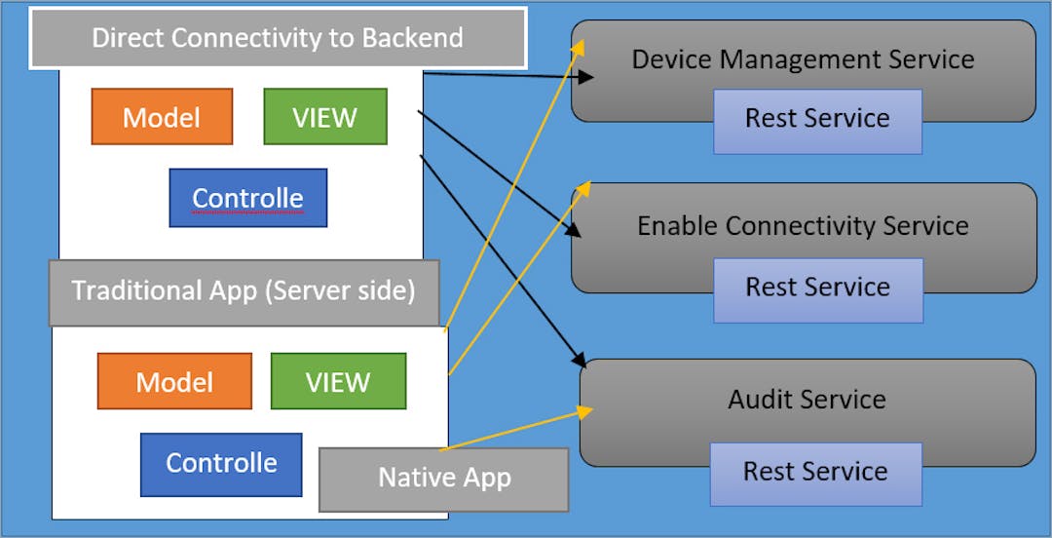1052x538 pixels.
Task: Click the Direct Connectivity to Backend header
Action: (278, 39)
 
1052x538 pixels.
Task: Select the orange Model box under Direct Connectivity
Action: (162, 117)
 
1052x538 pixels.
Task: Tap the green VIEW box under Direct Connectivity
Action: (325, 117)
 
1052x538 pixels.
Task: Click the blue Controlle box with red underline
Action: (247, 198)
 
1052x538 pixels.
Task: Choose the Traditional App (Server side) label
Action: (244, 290)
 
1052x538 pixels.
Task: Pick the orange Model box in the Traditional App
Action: (174, 381)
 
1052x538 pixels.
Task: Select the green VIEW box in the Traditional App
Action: (338, 381)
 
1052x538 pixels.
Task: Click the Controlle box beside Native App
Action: (221, 462)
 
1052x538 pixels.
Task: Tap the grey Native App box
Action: (443, 479)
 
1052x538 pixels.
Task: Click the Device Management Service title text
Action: (803, 58)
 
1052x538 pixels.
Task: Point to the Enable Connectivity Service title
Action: (803, 226)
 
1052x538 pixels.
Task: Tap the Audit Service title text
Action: (807, 399)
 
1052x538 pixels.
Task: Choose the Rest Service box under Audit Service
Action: (815, 473)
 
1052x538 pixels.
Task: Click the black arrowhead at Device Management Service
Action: (587, 77)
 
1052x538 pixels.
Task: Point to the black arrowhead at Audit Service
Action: (579, 355)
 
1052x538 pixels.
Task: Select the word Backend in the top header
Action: (413, 39)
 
